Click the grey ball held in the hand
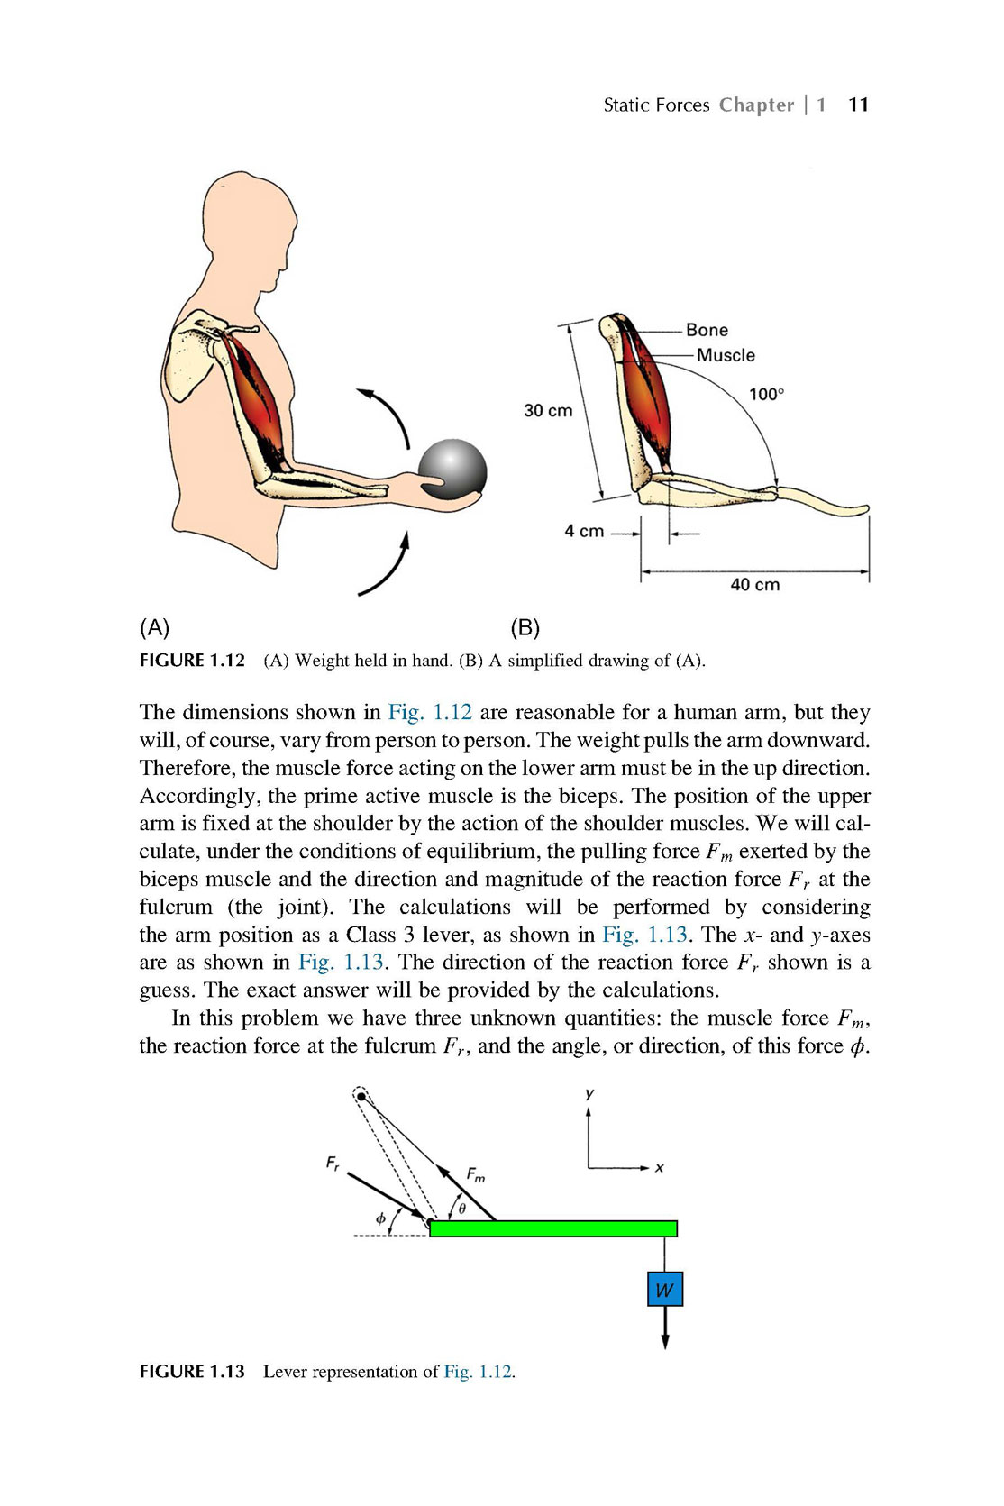point(452,470)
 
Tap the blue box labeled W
point(664,1289)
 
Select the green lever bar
point(552,1228)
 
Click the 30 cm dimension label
point(548,410)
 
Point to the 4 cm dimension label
point(584,531)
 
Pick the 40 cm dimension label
point(754,584)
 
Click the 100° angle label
point(767,394)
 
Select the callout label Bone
point(707,330)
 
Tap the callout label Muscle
point(726,355)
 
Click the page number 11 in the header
point(858,105)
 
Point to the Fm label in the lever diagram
point(476,1174)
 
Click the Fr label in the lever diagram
point(333,1162)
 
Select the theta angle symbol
point(462,1209)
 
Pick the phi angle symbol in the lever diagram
point(380,1218)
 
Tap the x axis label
point(659,1168)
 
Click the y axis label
point(589,1094)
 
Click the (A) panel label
point(154,627)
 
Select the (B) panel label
point(525,627)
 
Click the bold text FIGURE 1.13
point(192,1372)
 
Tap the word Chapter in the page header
point(756,105)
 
